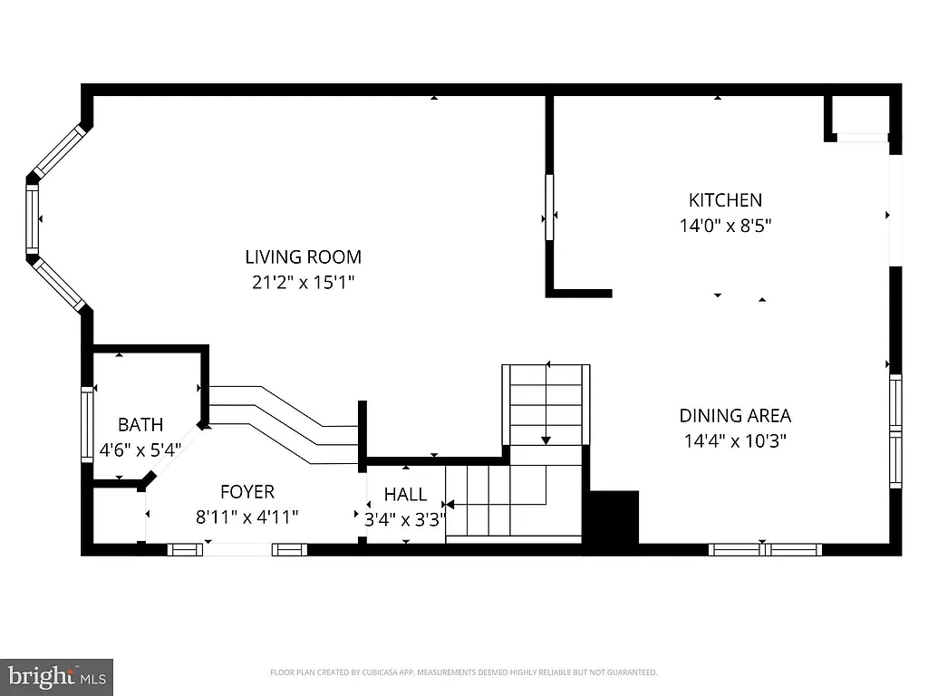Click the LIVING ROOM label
(303, 257)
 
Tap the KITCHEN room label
(725, 200)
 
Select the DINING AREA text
(735, 416)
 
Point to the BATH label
(140, 424)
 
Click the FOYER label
(247, 492)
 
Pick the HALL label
(404, 494)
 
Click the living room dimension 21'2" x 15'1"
(303, 283)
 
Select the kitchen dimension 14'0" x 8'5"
(725, 226)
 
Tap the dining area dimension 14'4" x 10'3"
(735, 441)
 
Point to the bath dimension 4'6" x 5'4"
(140, 449)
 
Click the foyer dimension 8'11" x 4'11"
(247, 517)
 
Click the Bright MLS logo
(56, 676)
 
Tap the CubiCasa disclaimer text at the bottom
(463, 672)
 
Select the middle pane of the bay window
(33, 220)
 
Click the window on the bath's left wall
(88, 424)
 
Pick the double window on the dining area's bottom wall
(765, 548)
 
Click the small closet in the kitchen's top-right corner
(861, 115)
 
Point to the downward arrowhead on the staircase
(546, 440)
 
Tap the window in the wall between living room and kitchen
(548, 207)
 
